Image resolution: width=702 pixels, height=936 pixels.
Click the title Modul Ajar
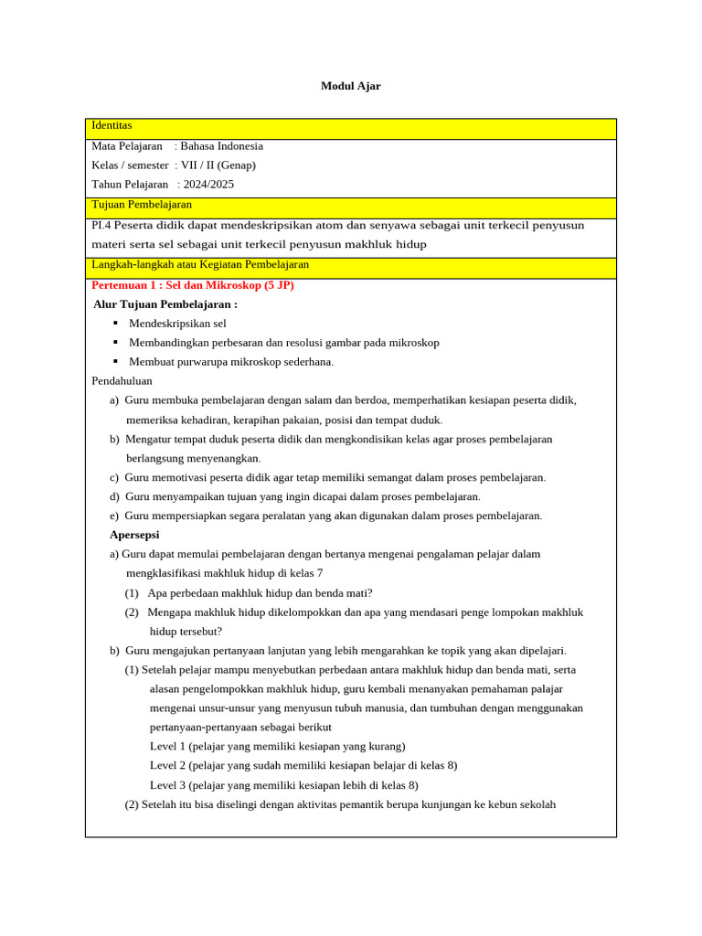point(350,86)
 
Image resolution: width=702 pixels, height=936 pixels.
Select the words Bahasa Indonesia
point(221,146)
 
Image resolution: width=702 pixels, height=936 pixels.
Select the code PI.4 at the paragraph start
point(101,226)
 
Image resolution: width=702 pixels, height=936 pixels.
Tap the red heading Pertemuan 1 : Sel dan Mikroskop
point(193,285)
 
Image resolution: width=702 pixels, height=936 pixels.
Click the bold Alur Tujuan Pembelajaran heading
point(165,304)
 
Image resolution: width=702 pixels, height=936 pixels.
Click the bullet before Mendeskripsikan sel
point(115,324)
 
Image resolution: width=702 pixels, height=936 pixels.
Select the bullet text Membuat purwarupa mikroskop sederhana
point(231,362)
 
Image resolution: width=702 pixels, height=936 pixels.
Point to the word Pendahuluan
point(122,381)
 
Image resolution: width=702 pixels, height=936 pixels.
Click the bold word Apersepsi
point(134,535)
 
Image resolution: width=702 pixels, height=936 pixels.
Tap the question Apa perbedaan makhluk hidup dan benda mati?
point(260,593)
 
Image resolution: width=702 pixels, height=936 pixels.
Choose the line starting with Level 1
point(277,747)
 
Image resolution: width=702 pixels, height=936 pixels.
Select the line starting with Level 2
point(303,766)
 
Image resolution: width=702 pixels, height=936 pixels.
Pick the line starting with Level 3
point(283,785)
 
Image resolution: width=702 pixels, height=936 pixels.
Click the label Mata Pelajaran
point(127,146)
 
